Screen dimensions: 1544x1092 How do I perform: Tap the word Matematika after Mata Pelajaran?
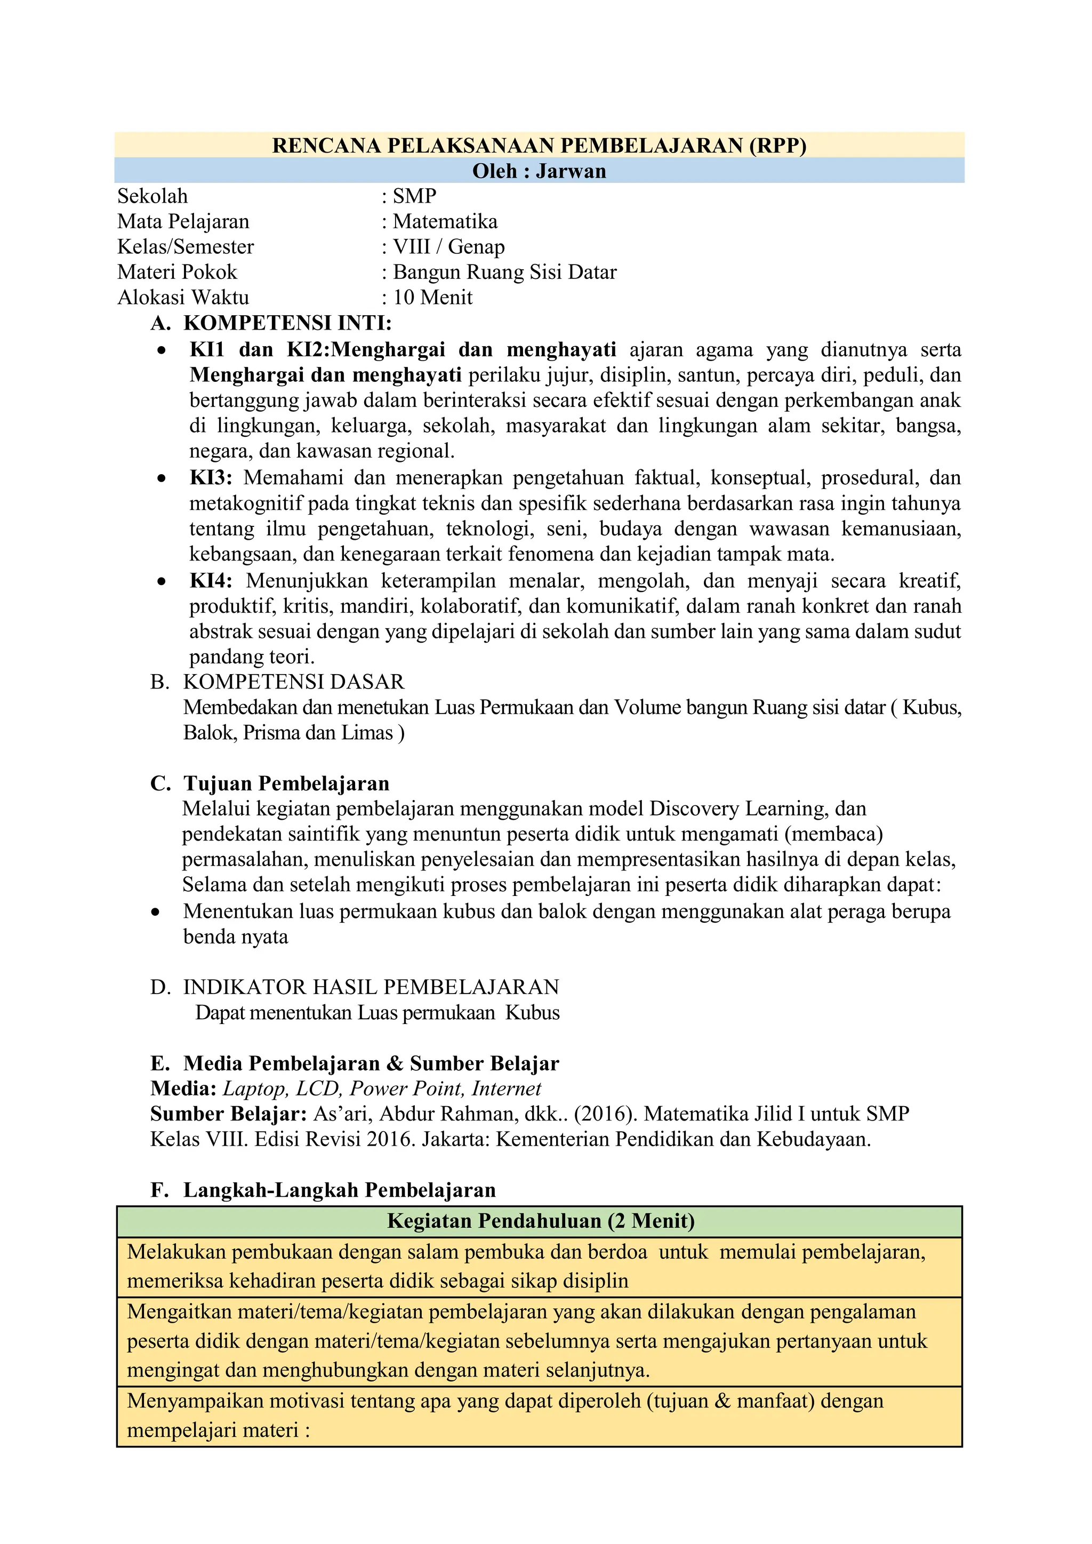pyautogui.click(x=445, y=221)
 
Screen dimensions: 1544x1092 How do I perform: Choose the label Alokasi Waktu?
pyautogui.click(x=183, y=297)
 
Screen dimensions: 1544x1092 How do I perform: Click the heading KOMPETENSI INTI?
pyautogui.click(x=287, y=323)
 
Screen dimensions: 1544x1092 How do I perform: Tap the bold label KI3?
pyautogui.click(x=211, y=478)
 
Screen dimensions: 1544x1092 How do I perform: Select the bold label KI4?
pyautogui.click(x=211, y=581)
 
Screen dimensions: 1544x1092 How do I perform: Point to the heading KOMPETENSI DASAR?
pyautogui.click(x=293, y=682)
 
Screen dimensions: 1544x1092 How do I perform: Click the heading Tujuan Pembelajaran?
pyautogui.click(x=286, y=783)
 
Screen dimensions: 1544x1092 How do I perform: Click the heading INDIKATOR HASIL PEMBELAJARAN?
pyautogui.click(x=371, y=987)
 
